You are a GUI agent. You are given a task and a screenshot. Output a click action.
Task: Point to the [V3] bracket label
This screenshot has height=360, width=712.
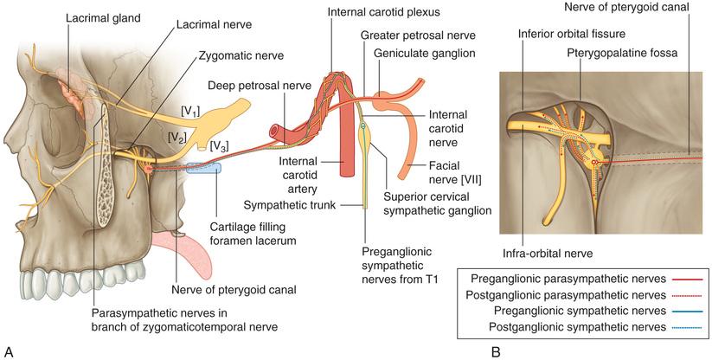coord(220,145)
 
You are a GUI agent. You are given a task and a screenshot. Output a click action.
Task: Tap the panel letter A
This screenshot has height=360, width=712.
coord(9,350)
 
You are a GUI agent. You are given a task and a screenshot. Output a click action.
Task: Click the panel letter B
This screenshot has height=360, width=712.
coord(496,350)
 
